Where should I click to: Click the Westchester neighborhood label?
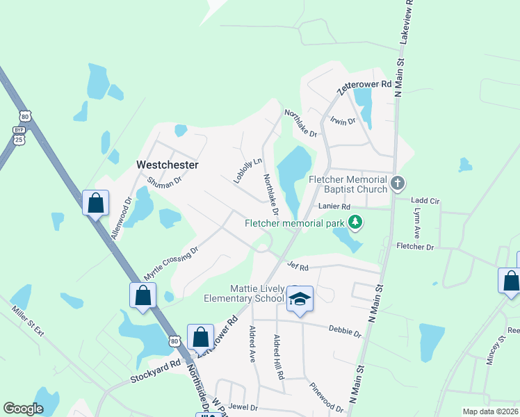(x=168, y=165)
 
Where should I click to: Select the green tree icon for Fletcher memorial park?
(x=355, y=222)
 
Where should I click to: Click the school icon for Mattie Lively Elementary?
(x=300, y=299)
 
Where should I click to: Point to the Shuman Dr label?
(x=164, y=180)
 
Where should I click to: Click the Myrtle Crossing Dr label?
(x=171, y=261)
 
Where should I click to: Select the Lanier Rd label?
(x=334, y=206)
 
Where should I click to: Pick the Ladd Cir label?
(x=427, y=201)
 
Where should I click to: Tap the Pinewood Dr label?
(x=326, y=397)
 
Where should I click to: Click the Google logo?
(x=23, y=409)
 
